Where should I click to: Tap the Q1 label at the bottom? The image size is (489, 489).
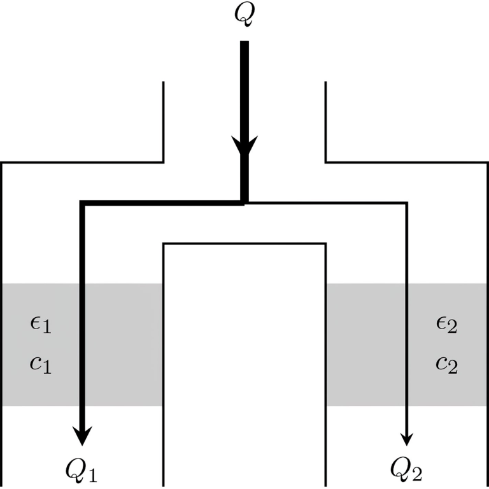[81, 471]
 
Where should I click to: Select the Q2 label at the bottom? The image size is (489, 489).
[407, 471]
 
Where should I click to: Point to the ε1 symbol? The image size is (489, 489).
[40, 326]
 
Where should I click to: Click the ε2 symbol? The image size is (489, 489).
[446, 326]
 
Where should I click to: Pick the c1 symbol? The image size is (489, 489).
[40, 365]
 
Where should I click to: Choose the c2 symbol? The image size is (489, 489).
[446, 365]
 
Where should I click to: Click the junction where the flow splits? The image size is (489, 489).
[244, 202]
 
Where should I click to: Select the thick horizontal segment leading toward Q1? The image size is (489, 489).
[159, 203]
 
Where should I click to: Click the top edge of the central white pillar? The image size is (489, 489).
[245, 243]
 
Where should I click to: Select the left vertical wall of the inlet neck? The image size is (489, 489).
[164, 121]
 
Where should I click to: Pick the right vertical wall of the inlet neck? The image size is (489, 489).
[325, 121]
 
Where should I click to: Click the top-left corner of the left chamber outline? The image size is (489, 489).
[2, 163]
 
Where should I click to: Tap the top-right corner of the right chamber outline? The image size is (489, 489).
[487, 163]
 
